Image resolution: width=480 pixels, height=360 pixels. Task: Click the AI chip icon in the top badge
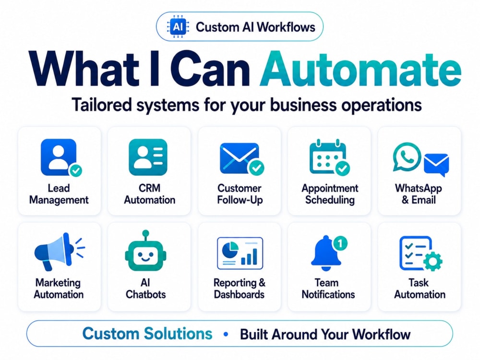coord(178,27)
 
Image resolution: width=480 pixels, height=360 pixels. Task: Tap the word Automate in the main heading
coord(360,70)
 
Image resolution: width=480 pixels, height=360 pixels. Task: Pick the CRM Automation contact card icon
coord(148,157)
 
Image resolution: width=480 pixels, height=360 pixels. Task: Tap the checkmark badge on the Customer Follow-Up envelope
coord(256,168)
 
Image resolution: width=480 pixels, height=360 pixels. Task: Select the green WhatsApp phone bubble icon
coord(407,157)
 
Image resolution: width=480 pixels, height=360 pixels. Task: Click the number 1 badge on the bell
coord(340,243)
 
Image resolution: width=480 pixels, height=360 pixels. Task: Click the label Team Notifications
coord(328,288)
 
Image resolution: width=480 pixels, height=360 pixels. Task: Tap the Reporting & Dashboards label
coord(240,288)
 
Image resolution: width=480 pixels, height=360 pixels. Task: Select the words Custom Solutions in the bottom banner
coord(147,334)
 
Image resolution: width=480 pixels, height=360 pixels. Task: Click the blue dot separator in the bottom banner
coord(226,334)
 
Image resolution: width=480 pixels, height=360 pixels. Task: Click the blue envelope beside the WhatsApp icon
coord(436,164)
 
